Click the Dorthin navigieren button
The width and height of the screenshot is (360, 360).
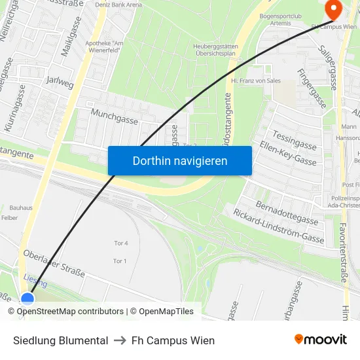click(x=179, y=160)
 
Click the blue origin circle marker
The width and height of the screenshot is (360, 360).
click(x=27, y=299)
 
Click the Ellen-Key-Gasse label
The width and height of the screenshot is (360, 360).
click(x=288, y=153)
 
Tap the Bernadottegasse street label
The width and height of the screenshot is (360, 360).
click(x=287, y=214)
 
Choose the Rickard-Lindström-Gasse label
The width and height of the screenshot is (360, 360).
click(x=278, y=226)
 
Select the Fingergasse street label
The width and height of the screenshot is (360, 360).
click(x=312, y=89)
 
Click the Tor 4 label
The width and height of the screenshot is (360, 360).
click(x=120, y=243)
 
